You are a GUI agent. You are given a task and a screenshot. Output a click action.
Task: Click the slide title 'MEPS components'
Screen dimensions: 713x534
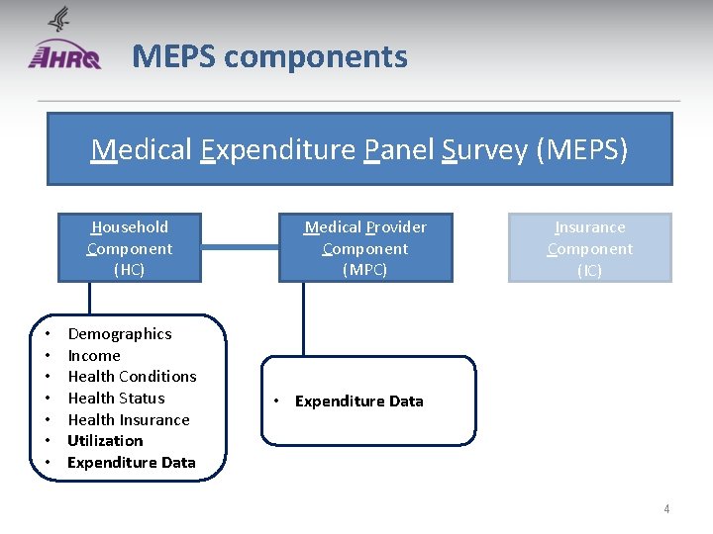pos(269,56)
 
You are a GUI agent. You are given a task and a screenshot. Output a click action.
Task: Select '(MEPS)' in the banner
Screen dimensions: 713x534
pos(581,149)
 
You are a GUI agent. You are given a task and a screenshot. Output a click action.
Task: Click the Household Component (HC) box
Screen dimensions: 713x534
pos(130,247)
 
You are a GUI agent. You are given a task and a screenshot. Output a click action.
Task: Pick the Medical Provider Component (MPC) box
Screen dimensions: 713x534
pos(364,247)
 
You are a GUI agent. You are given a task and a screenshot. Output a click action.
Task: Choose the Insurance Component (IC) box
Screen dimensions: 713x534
pos(589,247)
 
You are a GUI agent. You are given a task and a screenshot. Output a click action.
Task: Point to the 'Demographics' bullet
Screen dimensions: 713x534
pos(120,334)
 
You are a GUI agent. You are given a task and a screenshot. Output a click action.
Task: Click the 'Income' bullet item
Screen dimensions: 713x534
pos(94,355)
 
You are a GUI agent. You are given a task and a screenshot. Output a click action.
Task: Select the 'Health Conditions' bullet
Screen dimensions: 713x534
pos(132,377)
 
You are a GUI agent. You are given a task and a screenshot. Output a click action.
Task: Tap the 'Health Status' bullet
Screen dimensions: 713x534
pos(116,399)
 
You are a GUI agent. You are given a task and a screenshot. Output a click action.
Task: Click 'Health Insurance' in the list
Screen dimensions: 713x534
pos(129,419)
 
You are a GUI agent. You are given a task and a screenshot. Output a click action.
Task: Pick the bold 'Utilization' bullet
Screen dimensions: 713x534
pos(105,441)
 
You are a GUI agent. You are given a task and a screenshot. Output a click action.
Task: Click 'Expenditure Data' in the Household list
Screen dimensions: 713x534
pos(132,463)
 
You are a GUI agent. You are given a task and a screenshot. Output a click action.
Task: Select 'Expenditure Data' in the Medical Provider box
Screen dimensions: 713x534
pos(359,401)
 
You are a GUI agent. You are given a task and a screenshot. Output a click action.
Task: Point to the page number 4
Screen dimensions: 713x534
pos(666,509)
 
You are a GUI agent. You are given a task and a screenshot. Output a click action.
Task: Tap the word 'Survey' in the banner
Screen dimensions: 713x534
pos(483,149)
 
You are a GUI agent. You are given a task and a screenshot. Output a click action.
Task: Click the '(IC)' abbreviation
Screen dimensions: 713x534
pos(589,270)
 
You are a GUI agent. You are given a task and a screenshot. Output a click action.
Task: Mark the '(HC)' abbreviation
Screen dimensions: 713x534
pos(130,270)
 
